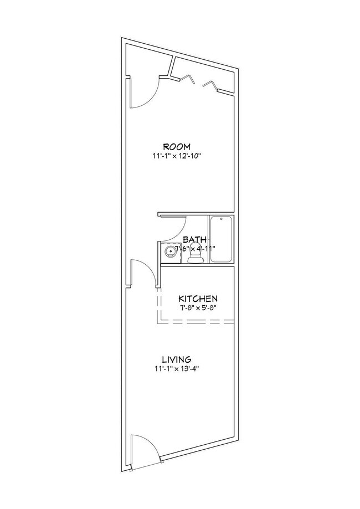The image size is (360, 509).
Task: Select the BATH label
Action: [x=195, y=240]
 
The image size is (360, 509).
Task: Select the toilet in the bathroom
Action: [x=195, y=256]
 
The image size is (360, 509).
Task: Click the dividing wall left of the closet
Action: [x=173, y=67]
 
